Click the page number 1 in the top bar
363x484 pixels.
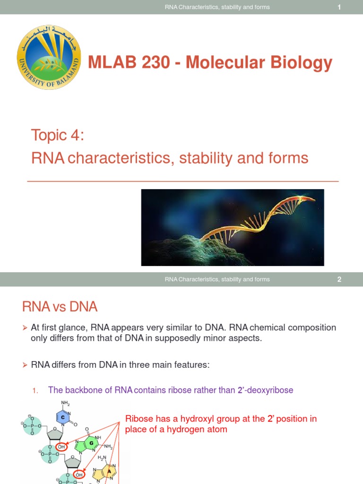coord(339,7)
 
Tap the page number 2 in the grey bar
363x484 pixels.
coord(339,279)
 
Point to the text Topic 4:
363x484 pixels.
coord(58,135)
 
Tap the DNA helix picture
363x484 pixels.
coord(233,227)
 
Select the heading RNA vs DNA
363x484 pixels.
coord(60,307)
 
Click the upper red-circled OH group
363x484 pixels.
coord(61,447)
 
